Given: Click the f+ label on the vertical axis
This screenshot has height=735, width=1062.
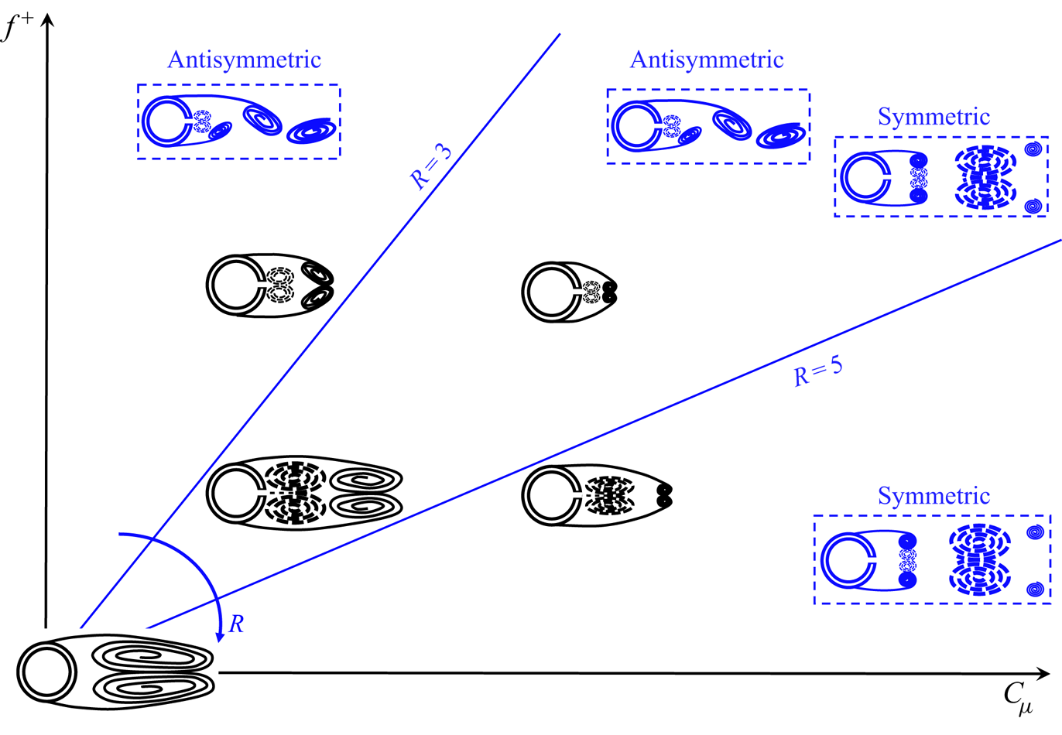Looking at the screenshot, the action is click(18, 28).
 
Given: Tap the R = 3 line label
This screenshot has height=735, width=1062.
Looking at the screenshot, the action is click(430, 167).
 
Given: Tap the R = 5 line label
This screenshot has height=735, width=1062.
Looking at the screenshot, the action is click(818, 371).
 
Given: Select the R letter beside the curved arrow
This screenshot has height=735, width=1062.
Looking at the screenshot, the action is click(236, 624).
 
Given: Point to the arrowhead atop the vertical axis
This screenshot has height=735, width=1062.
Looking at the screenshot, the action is click(47, 20).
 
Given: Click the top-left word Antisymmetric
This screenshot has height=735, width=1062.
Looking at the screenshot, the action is click(244, 60).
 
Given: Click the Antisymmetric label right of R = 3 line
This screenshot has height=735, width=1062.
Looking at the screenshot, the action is click(707, 60).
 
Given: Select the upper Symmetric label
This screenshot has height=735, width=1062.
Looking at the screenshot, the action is click(934, 117).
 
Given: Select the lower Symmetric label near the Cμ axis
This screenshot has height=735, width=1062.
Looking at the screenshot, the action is click(934, 496).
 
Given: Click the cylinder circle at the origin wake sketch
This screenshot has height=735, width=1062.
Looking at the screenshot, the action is click(47, 672).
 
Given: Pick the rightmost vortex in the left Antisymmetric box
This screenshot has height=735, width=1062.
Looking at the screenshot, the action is click(311, 130).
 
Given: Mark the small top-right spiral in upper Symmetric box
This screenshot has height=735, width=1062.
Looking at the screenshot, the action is click(1033, 149).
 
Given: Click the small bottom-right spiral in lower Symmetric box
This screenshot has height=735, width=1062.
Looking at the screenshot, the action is click(1035, 590).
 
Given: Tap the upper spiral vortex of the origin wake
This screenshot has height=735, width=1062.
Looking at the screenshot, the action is click(152, 658).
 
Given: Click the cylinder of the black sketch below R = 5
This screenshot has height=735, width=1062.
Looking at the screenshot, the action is click(551, 495).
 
